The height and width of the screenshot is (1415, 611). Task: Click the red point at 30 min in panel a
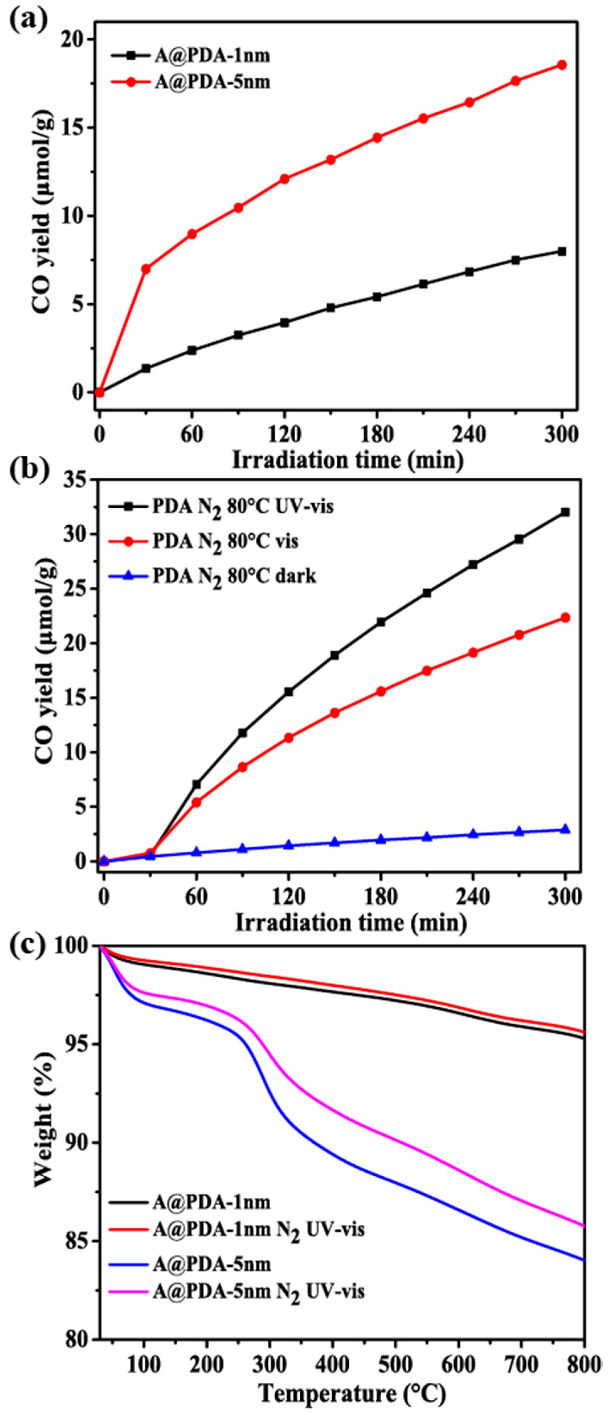146,269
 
